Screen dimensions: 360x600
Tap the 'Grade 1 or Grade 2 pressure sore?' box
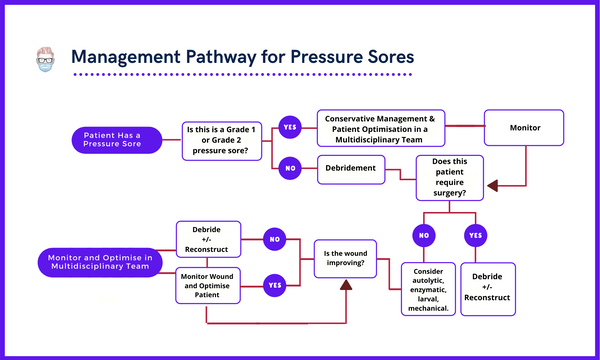224,139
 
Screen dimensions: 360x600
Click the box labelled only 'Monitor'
524,129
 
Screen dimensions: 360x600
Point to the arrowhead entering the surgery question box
492,184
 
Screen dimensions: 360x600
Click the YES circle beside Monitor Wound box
274,284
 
